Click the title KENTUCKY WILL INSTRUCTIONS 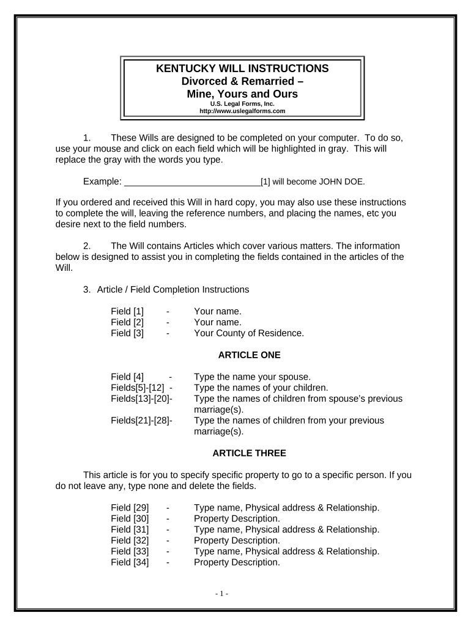[x=242, y=68]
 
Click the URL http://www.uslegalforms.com [x=242, y=111]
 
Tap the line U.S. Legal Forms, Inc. [x=242, y=104]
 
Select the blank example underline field [x=192, y=182]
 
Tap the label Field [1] [x=127, y=311]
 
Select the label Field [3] [x=127, y=333]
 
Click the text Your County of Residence [x=248, y=333]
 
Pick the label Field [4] [x=127, y=377]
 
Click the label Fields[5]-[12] [x=138, y=388]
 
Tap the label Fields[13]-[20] [x=141, y=399]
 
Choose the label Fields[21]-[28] [x=141, y=421]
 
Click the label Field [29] [x=130, y=507]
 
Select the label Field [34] [x=130, y=562]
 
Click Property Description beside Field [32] [x=237, y=540]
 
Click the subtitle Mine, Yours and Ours [x=242, y=94]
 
